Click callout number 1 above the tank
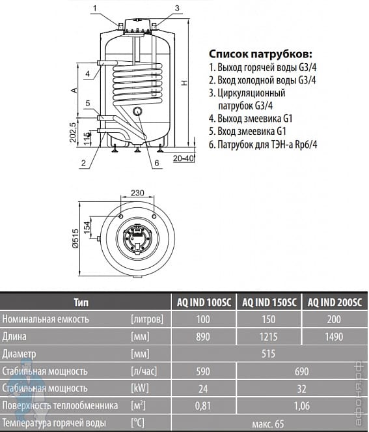tap(95, 8)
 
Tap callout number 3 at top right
tap(177, 8)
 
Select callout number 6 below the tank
tap(157, 163)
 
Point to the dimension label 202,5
tap(73, 132)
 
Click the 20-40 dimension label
tap(184, 158)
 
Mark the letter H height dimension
tap(184, 82)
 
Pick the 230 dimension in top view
tap(137, 193)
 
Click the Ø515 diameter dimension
tap(75, 238)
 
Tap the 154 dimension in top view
tap(87, 227)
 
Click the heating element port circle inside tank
tap(137, 111)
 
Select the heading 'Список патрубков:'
tap(260, 53)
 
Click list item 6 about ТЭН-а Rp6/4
tap(263, 145)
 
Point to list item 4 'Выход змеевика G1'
tap(251, 119)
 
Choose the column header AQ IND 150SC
tap(269, 302)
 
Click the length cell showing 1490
tap(334, 337)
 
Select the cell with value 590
tap(203, 371)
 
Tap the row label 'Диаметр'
tap(19, 354)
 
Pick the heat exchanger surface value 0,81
tap(203, 406)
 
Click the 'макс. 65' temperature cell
tap(268, 424)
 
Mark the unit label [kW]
tap(140, 388)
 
